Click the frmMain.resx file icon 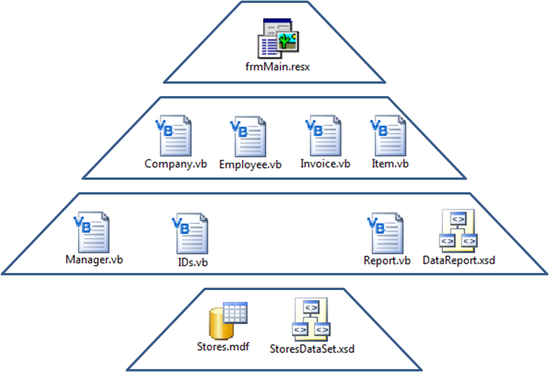point(278,39)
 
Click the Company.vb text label point(175,164)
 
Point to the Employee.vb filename point(251,164)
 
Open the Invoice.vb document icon point(325,136)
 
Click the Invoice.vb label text point(325,163)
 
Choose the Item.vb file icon point(389,136)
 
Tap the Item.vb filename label point(389,163)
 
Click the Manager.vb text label point(93,259)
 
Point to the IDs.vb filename point(189,261)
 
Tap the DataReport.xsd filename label point(459,259)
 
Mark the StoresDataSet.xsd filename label point(312,348)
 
